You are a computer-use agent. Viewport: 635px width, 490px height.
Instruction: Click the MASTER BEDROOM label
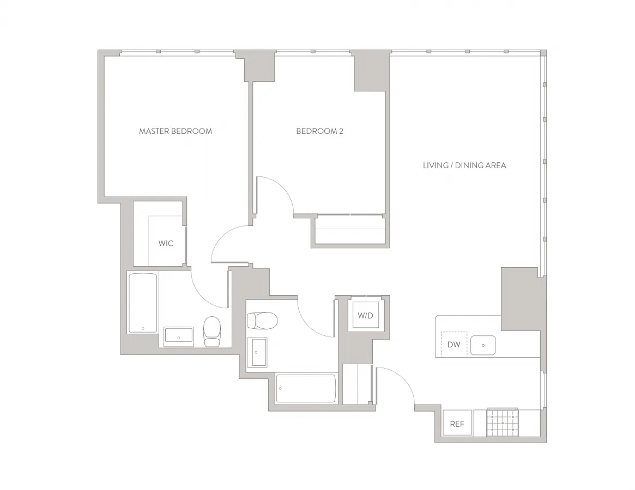point(175,131)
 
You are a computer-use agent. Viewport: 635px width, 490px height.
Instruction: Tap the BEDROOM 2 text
point(319,131)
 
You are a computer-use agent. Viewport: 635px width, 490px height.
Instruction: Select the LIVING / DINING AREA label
point(464,165)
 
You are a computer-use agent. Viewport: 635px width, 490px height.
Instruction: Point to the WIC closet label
point(166,243)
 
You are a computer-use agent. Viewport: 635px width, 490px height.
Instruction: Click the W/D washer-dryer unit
point(365,315)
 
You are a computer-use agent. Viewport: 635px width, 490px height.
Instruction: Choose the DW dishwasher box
point(453,344)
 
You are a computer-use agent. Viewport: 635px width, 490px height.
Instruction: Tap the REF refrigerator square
point(457,424)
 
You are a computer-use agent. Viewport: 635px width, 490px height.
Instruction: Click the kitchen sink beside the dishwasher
point(482,345)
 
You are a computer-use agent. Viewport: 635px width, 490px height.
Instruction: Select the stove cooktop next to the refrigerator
point(502,422)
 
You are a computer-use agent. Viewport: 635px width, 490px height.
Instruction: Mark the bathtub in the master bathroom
point(143,303)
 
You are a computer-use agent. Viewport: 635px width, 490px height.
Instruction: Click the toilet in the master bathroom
point(212,332)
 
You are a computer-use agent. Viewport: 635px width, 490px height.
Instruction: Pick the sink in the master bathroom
point(179,336)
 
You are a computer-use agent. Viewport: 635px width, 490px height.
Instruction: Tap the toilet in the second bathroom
point(262,320)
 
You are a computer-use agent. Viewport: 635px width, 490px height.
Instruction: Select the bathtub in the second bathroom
point(305,388)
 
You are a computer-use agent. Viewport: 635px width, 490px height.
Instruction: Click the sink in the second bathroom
point(257,352)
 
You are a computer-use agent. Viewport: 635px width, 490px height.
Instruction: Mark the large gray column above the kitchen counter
point(520,298)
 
